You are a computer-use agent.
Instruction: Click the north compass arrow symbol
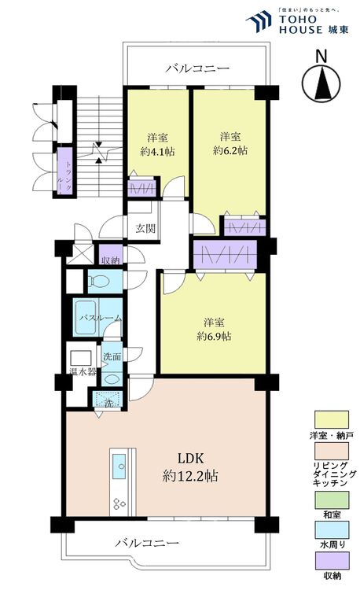click(x=320, y=80)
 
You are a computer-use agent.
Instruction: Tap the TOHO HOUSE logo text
click(x=306, y=24)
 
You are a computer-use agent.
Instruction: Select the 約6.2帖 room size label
click(x=230, y=147)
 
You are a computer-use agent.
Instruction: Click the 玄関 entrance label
click(x=145, y=229)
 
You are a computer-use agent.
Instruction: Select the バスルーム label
click(x=99, y=318)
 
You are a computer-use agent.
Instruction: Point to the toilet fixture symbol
click(x=101, y=280)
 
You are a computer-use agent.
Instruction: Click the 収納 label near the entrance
click(x=110, y=260)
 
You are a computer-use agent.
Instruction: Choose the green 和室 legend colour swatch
click(x=331, y=496)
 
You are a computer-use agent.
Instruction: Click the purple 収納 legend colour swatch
click(x=331, y=560)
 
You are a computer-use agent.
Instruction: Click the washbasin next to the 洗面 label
click(x=112, y=378)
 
